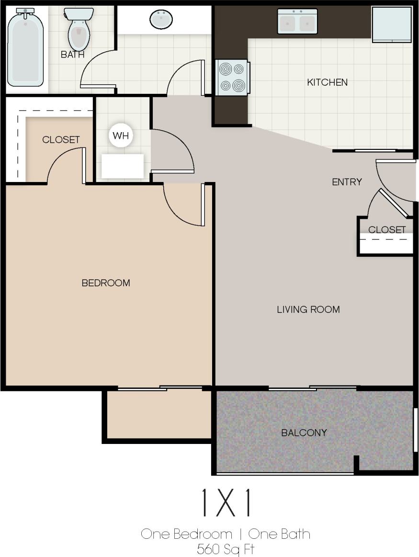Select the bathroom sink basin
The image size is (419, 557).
click(161, 20)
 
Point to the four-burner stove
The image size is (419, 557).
click(232, 78)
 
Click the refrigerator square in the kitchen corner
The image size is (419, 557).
click(392, 24)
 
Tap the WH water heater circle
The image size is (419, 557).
click(120, 136)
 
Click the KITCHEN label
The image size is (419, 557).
click(327, 82)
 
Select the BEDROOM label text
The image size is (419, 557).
click(106, 283)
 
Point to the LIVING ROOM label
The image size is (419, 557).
click(308, 309)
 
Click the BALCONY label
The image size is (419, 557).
click(304, 433)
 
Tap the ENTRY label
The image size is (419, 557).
click(347, 182)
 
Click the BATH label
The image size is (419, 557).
click(72, 55)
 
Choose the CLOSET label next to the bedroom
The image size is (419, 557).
click(61, 140)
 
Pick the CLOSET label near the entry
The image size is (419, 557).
click(387, 230)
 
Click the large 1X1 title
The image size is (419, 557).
click(226, 503)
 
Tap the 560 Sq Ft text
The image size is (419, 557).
click(225, 548)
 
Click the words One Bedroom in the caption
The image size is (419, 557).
click(186, 534)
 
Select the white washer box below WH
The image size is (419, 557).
click(122, 166)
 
